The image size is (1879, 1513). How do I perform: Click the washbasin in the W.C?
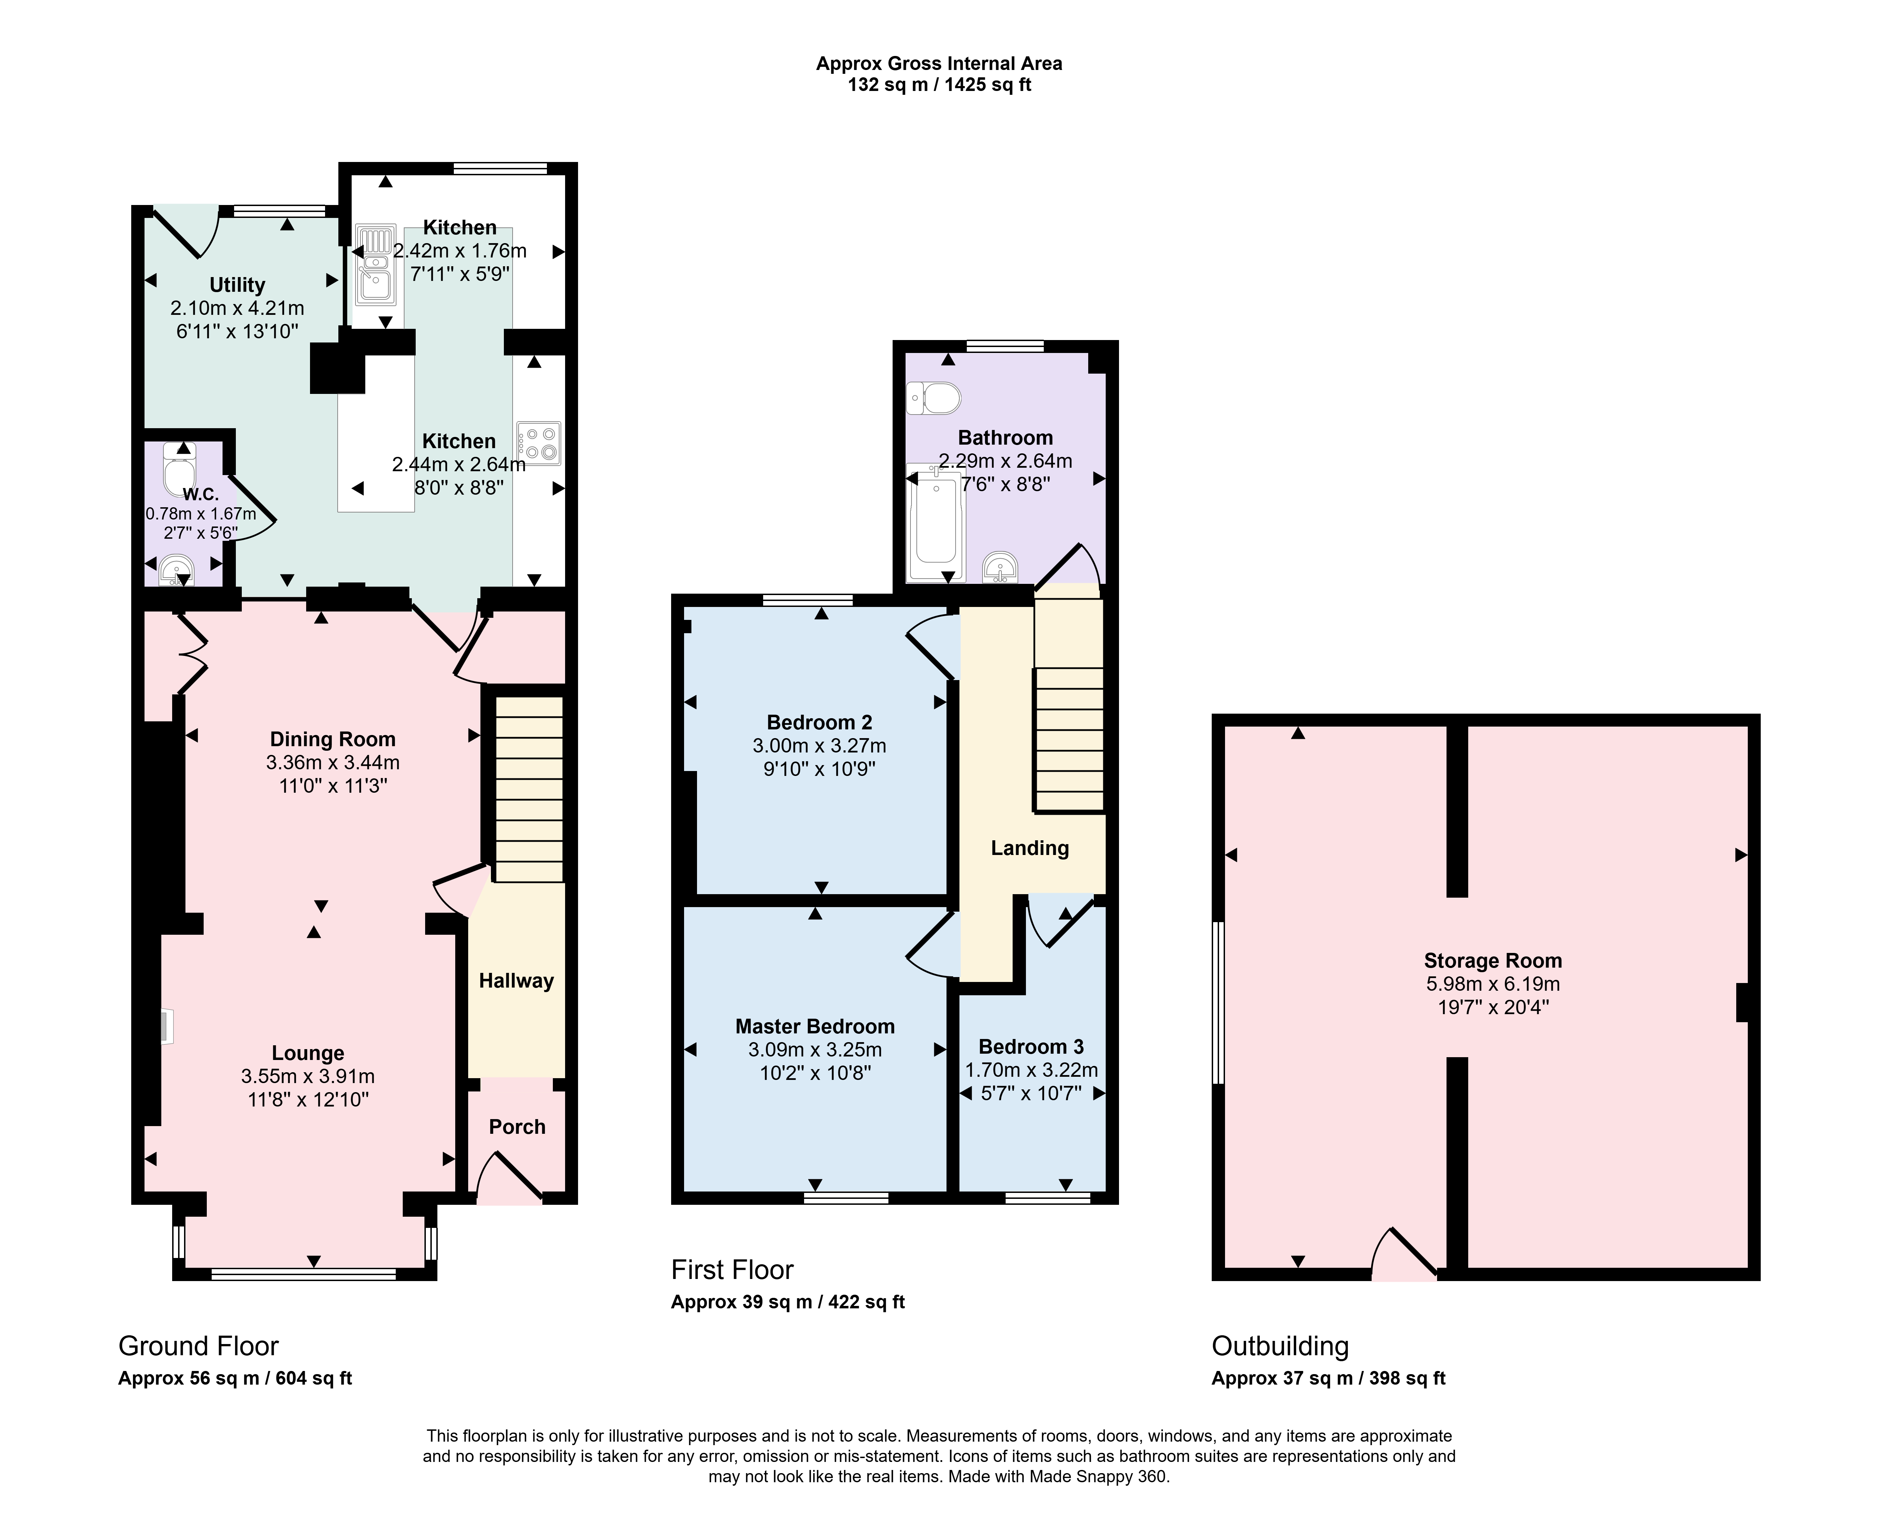pyautogui.click(x=177, y=571)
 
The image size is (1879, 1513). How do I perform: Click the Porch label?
pyautogui.click(x=517, y=1127)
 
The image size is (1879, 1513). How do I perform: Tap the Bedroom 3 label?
pyautogui.click(x=1031, y=1047)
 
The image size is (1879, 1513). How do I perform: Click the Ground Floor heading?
pyautogui.click(x=199, y=1346)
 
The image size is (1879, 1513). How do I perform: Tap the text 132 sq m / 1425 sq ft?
pyautogui.click(x=939, y=85)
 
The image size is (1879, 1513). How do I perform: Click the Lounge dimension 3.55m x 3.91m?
pyautogui.click(x=308, y=1076)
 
